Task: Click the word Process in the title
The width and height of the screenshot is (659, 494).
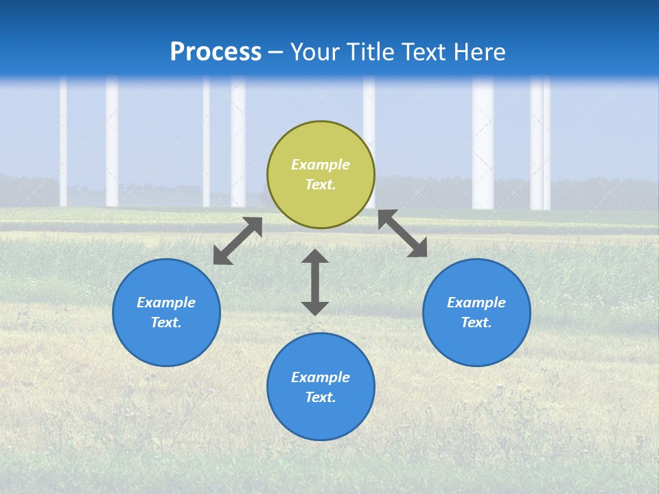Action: [x=216, y=52]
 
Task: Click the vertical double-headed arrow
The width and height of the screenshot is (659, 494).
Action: [x=315, y=282]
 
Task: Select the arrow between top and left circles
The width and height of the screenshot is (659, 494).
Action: [x=238, y=241]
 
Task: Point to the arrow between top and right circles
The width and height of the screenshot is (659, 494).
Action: [x=402, y=233]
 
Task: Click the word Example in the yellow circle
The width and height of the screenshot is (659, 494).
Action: [x=321, y=165]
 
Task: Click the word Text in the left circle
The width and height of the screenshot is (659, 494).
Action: [x=166, y=322]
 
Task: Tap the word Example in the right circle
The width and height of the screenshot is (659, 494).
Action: [x=476, y=303]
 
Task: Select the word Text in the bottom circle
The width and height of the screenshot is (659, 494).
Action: [x=321, y=397]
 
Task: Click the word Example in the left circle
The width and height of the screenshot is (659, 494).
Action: [x=166, y=303]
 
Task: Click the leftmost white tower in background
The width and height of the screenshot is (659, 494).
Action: [x=63, y=144]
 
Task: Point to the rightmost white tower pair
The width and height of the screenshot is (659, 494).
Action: [x=540, y=144]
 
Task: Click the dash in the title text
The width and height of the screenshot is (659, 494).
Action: [x=276, y=52]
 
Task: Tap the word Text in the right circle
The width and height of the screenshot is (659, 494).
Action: [x=476, y=322]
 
